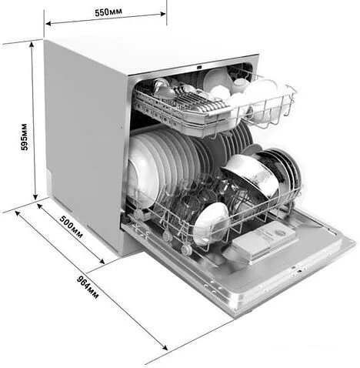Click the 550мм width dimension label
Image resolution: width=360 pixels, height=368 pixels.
pyautogui.click(x=108, y=12)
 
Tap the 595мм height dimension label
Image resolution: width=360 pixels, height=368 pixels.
pyautogui.click(x=25, y=137)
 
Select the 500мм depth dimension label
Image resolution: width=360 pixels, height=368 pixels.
pyautogui.click(x=72, y=226)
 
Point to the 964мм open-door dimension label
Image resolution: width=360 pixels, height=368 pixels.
pyautogui.click(x=88, y=287)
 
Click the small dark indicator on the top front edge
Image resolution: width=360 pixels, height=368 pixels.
pyautogui.click(x=199, y=68)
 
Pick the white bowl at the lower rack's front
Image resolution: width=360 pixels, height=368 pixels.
pyautogui.click(x=211, y=222)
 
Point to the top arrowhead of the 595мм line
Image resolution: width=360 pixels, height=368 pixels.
pyautogui.click(x=32, y=45)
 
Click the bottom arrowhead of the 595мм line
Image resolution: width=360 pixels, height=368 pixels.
pyautogui.click(x=35, y=197)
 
